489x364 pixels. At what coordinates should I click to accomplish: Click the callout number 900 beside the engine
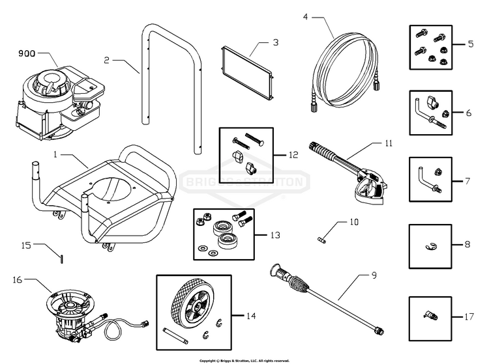click(27, 55)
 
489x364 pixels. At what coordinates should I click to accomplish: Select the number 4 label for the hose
click(306, 16)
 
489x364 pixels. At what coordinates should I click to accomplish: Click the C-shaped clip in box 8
click(430, 245)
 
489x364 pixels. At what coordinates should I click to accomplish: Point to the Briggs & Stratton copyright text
click(244, 360)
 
